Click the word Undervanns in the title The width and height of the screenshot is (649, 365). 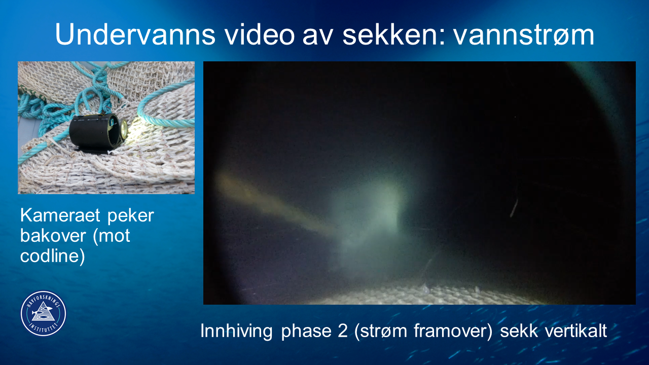coord(135,34)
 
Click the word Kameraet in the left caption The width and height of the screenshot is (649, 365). coord(60,215)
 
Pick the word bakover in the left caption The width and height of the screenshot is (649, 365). coord(53,236)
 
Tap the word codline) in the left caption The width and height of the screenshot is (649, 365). coord(52,257)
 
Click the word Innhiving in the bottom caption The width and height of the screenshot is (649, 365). coord(236,331)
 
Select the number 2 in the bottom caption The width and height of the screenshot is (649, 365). coord(342,331)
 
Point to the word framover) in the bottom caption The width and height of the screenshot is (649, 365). coord(453,331)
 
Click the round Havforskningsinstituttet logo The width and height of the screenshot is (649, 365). coord(44,314)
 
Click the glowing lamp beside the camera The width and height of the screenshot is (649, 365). coord(124,129)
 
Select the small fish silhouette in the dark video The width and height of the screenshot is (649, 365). coord(514,208)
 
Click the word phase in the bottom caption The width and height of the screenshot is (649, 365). coord(306,331)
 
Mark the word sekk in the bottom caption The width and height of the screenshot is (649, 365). coord(519,331)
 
